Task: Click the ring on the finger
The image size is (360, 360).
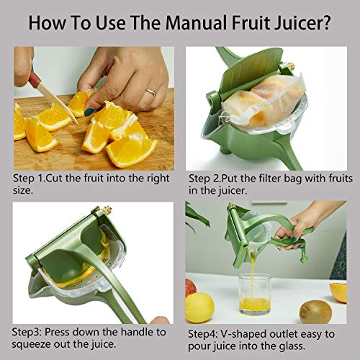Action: pos(152,92)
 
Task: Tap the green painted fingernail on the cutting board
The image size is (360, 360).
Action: pos(91,111)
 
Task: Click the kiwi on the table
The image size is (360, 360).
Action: pos(315,310)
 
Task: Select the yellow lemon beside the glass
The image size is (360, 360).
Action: pos(199,307)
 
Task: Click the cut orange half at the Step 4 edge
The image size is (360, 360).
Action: pos(339,291)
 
